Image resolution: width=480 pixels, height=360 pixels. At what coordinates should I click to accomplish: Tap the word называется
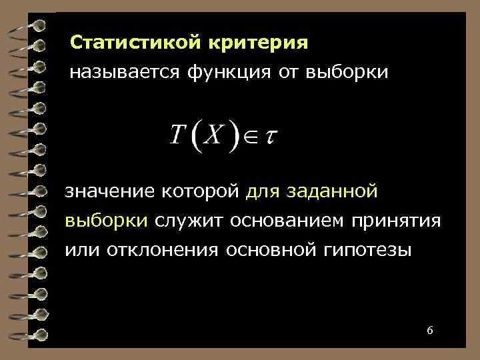117,71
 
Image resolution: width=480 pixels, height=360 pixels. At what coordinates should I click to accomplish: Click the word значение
109,192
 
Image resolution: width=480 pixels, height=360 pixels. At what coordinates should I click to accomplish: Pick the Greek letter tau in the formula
271,136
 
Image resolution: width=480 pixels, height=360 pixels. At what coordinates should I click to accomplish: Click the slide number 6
429,331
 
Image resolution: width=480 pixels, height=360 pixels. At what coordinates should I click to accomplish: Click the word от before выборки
286,71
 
